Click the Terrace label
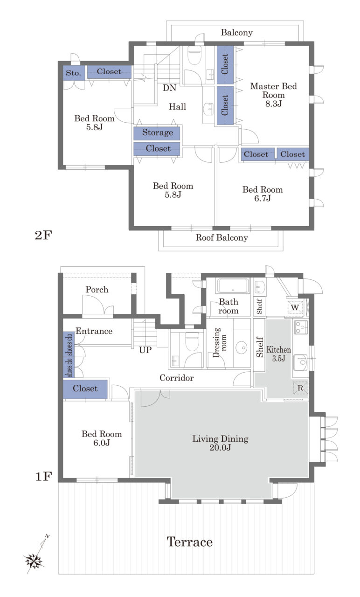coord(189,542)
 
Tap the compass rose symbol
coord(34,561)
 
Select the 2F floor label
coord(43,235)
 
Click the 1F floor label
coord(43,477)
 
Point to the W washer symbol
coord(295,307)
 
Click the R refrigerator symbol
coord(300,388)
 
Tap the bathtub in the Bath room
coord(233,286)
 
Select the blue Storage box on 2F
coord(157,133)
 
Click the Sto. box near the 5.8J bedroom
coord(74,73)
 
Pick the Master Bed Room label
coord(273,95)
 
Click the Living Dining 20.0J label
coord(221,443)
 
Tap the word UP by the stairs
coord(145,350)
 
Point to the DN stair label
coord(169,88)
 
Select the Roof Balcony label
coord(222,237)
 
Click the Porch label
coord(97,290)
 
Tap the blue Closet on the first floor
coord(85,389)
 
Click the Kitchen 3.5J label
coord(278,354)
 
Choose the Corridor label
coord(176,378)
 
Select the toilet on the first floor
coord(192,341)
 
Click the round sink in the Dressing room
coord(242,347)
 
